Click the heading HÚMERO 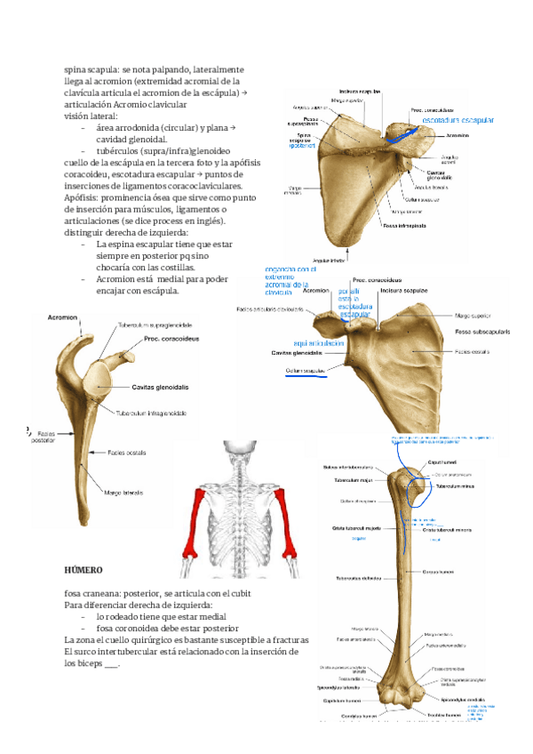(x=84, y=569)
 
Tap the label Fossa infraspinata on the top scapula (x=404, y=226)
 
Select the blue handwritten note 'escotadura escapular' (x=457, y=119)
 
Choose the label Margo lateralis (x=123, y=492)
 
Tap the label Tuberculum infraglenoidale (x=152, y=413)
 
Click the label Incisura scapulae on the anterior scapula (x=404, y=291)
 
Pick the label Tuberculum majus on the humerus (x=350, y=479)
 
